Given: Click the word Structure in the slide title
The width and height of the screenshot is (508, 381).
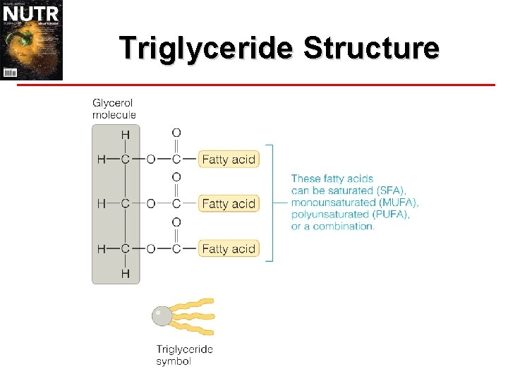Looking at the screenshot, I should coord(371,48).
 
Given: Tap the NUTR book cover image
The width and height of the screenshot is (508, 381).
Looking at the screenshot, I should coord(32,40).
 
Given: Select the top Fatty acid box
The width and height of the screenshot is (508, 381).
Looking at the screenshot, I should coord(229,159).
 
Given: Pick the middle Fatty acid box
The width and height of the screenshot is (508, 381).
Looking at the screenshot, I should coord(229,204).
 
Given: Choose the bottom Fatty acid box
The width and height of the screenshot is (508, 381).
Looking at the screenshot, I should coord(229,248).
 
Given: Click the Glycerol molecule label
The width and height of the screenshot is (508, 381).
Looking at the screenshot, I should coord(114,109).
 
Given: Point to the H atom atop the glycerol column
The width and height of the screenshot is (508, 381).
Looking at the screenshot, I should coord(125,134).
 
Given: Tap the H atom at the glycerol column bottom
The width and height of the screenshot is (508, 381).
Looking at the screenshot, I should coord(125,273).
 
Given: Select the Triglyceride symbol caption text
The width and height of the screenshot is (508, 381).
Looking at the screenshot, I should coord(184,355).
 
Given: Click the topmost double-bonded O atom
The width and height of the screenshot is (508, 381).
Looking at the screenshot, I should coord(176,133).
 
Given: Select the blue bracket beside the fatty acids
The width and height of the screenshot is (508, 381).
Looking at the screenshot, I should coord(270,203).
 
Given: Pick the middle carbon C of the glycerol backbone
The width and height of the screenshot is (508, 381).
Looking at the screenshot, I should coord(125,204).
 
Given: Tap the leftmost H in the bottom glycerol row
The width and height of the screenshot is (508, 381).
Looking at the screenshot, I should coord(101,248).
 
